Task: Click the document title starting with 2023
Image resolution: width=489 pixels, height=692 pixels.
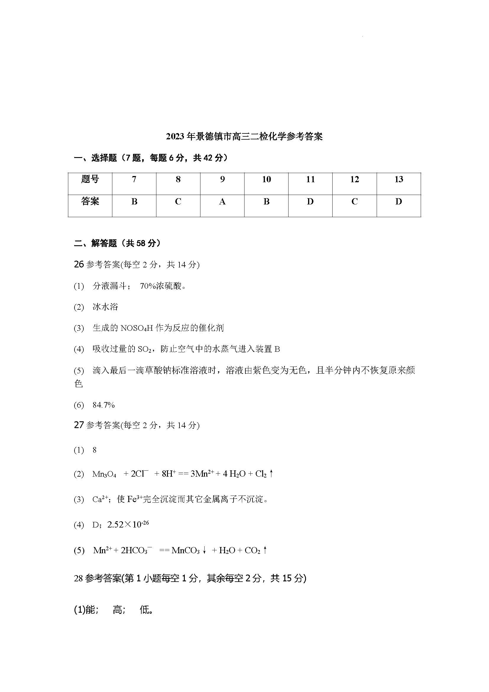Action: coord(244,137)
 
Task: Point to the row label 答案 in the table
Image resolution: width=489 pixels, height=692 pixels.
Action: coord(90,202)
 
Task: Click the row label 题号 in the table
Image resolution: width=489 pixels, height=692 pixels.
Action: coord(90,180)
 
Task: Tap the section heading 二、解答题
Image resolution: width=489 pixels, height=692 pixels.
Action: coord(117,243)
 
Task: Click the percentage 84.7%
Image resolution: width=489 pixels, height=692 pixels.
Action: coord(103,405)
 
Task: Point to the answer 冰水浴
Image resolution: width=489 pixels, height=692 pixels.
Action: coord(105,307)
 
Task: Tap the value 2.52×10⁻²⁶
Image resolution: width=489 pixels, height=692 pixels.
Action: coord(128,525)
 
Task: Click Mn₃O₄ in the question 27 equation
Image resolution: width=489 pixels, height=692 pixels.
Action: coord(104,474)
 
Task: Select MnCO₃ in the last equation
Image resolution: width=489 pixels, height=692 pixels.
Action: coord(185,551)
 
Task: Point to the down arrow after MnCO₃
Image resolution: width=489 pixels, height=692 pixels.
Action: coord(205,551)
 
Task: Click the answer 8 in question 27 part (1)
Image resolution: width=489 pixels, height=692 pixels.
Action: coord(95,450)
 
